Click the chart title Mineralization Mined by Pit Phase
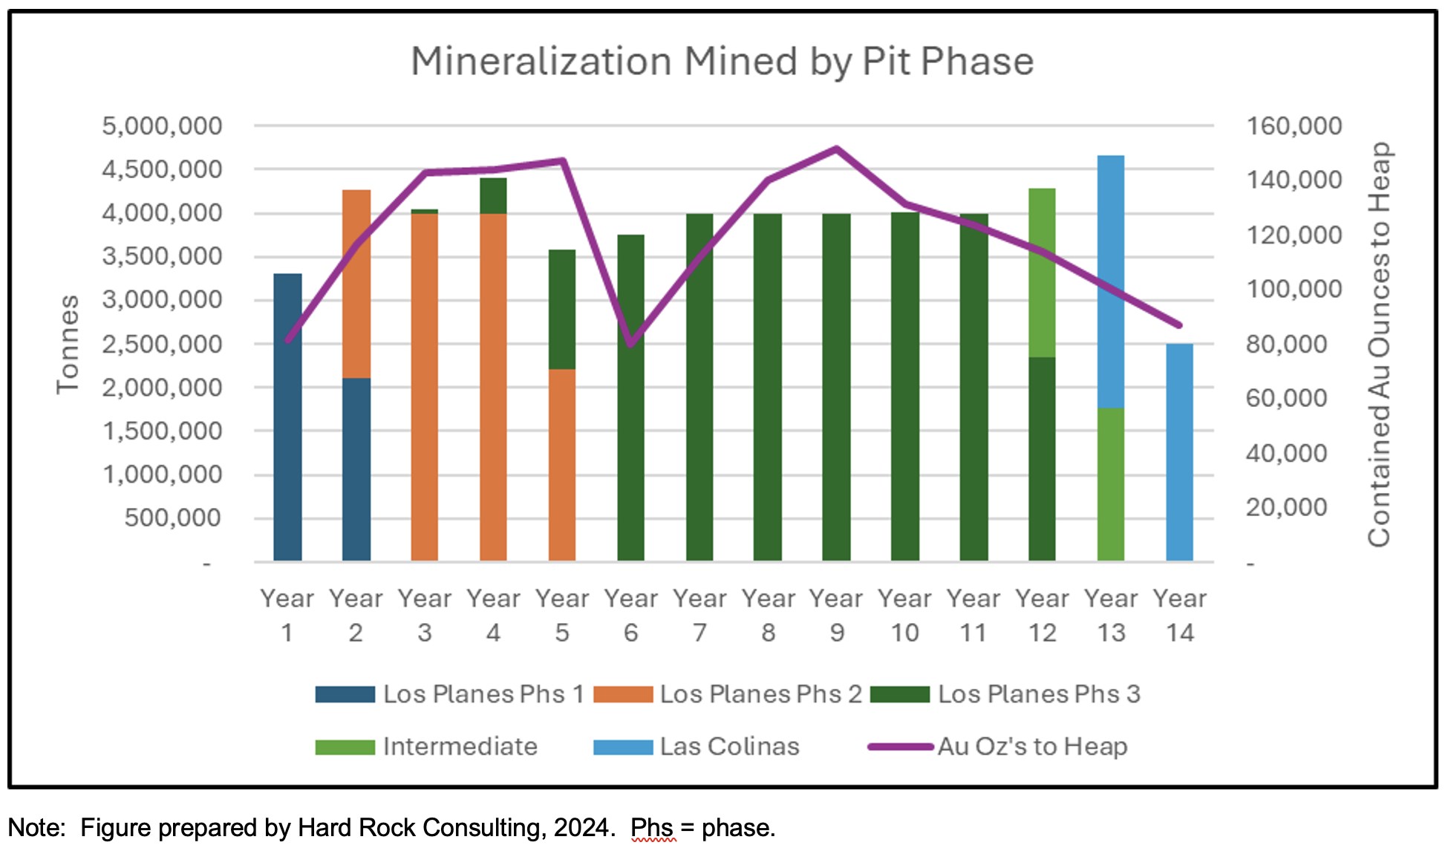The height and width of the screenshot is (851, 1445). coord(722,61)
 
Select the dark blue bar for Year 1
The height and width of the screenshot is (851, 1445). coord(287,416)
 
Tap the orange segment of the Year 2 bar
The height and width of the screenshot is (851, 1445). coord(356,284)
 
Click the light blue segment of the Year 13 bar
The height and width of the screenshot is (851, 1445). coord(1110,281)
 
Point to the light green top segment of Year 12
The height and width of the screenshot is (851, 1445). coord(1042,273)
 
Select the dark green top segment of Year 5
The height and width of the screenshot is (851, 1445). coord(562,309)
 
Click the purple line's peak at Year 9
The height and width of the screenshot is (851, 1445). coord(836,149)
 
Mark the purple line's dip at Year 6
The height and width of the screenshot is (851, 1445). coord(630,345)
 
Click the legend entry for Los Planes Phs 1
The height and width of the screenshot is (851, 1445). coord(450,694)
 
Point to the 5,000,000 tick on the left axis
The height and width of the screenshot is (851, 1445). coord(162,126)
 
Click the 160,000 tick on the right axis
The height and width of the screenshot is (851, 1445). coord(1294,126)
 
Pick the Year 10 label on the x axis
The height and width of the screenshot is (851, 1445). coord(905,615)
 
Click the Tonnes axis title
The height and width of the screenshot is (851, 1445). coord(68,345)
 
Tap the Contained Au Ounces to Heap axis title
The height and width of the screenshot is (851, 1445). coord(1379,345)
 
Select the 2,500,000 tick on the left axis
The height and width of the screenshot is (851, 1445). coord(162,345)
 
